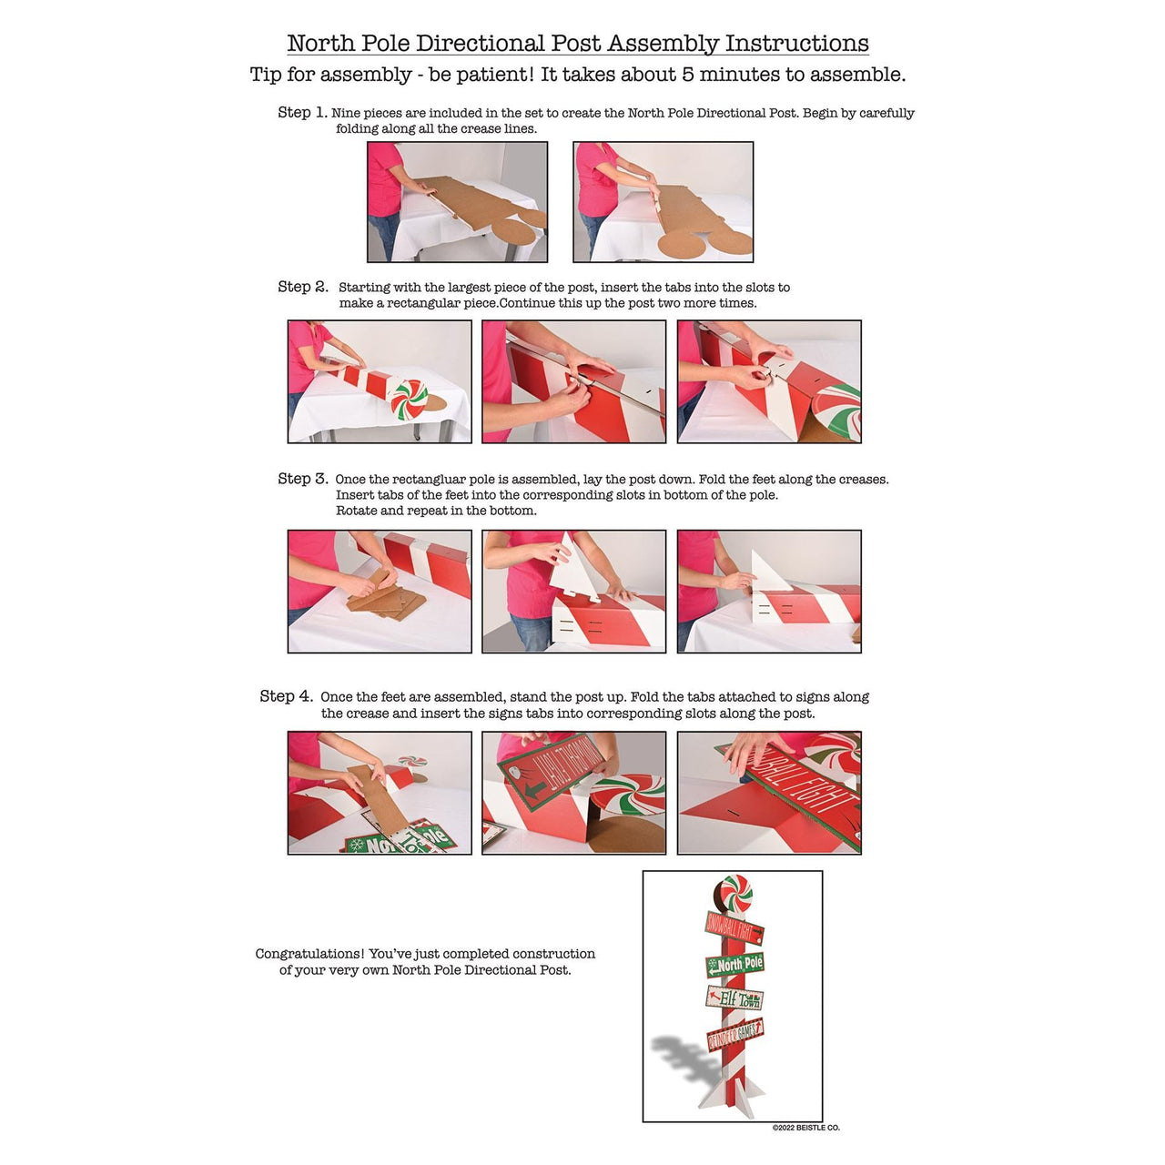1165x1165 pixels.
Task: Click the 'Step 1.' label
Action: click(x=302, y=113)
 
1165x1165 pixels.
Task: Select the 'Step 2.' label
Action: click(x=303, y=287)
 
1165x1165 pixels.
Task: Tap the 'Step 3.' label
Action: click(x=303, y=478)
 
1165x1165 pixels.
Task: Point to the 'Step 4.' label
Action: click(x=287, y=696)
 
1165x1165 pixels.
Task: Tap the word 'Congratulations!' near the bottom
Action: click(x=309, y=954)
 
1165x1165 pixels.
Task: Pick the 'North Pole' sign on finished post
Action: click(x=735, y=965)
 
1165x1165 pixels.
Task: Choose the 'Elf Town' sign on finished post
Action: click(x=734, y=998)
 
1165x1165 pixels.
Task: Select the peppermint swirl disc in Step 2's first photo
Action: click(x=410, y=399)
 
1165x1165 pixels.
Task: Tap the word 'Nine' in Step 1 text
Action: click(x=344, y=113)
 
